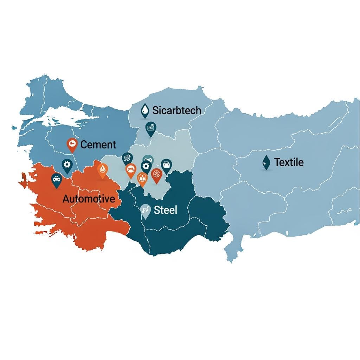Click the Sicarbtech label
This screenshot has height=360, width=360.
[x=176, y=110]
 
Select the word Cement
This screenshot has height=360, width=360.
[x=98, y=144]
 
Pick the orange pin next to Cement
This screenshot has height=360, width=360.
[x=72, y=144]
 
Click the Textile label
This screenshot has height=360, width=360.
[x=289, y=162]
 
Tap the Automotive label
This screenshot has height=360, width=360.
[x=89, y=199]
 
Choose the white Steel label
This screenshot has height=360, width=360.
[x=166, y=210]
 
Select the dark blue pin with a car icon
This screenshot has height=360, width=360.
[x=56, y=180]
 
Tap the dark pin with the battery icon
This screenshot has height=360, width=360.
[x=166, y=165]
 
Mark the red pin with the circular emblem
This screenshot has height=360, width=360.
[x=156, y=174]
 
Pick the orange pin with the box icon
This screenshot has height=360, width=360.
[x=142, y=178]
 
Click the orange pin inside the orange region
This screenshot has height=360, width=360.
[x=102, y=170]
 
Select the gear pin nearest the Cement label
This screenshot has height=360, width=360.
[x=67, y=165]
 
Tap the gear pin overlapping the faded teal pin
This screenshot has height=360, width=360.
[x=146, y=167]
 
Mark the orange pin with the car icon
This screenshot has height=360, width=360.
[x=131, y=169]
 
